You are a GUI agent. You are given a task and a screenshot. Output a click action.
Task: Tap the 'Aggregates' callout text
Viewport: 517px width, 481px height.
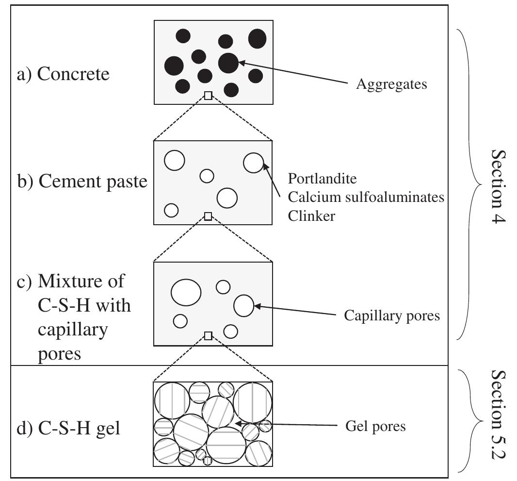coord(391,84)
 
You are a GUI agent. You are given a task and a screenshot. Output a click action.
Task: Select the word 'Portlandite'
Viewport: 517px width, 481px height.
coord(322,179)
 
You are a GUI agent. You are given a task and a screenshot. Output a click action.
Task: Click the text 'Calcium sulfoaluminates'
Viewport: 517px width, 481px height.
coord(366,197)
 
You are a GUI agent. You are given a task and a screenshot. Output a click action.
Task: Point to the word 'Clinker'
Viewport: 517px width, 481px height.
coord(311,216)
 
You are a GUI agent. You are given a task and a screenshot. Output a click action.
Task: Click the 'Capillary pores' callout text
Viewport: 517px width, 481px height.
coord(391,316)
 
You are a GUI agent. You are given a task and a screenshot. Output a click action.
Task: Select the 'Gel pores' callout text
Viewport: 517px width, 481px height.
coord(375,427)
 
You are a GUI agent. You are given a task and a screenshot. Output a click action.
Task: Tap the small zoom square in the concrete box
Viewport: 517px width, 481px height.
coord(208,96)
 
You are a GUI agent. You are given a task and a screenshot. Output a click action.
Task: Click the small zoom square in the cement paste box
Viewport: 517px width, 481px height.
coord(208,216)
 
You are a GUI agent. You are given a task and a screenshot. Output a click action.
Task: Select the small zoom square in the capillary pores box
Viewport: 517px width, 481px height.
coord(208,335)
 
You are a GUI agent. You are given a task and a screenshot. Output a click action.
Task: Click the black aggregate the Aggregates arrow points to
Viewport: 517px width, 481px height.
coord(228,63)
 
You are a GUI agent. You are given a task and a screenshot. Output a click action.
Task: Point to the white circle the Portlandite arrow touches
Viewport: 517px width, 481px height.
coord(253,163)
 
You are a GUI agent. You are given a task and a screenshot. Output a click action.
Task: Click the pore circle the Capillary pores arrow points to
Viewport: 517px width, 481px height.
coord(243,306)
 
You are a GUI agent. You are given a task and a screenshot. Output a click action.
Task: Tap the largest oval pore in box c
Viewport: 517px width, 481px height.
coord(186,292)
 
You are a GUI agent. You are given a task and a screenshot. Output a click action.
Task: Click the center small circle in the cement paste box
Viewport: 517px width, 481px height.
coord(207,176)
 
